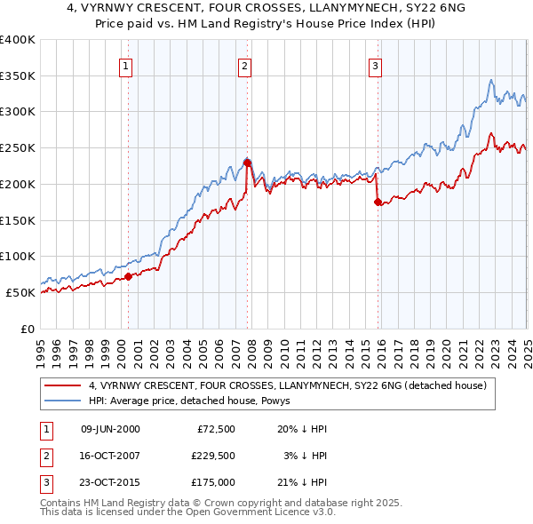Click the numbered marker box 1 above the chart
(125, 65)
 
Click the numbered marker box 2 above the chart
(244, 65)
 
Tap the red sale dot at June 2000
(128, 276)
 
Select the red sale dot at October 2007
(248, 163)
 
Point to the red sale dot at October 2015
(378, 202)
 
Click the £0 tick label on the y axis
(28, 329)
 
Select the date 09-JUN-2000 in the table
(110, 429)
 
